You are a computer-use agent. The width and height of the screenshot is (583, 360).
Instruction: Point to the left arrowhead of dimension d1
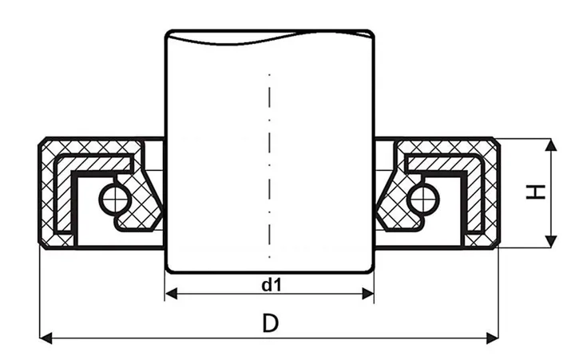(170, 294)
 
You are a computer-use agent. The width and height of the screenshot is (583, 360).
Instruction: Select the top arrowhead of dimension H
(549, 144)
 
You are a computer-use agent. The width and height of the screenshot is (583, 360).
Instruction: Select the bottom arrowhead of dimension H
(549, 242)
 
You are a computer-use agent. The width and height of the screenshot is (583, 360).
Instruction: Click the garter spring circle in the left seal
(111, 196)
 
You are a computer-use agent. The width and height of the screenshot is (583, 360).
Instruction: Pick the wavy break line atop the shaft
(270, 34)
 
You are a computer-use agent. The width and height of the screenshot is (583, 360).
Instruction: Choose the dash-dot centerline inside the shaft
(270, 160)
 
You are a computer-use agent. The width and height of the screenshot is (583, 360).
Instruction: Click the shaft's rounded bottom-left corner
(169, 267)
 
